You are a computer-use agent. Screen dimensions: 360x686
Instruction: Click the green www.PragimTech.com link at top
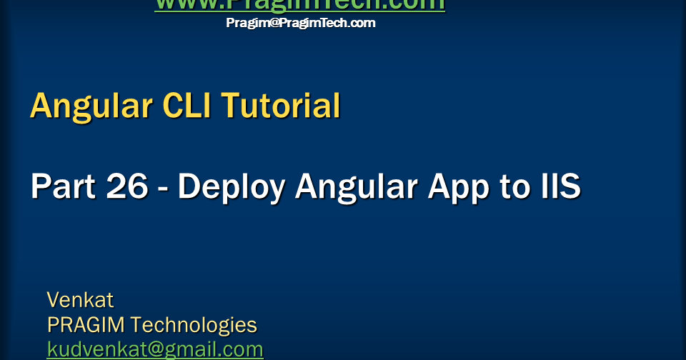coord(299,5)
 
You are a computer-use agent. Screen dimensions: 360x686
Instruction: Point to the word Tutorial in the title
coord(281,106)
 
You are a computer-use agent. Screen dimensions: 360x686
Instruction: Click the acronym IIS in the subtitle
coord(562,187)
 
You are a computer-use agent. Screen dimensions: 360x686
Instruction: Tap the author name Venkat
coord(80,299)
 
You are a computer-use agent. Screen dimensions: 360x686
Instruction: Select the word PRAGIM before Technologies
coord(86,325)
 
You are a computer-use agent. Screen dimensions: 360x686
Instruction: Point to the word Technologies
coord(194,325)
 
